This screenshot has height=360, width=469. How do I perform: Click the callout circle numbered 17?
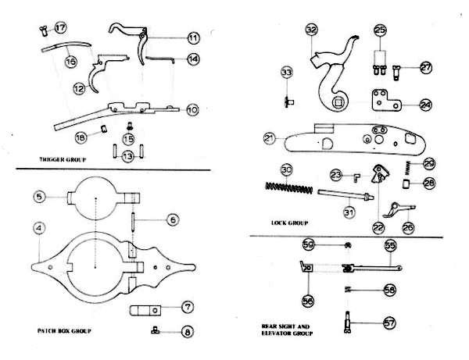pyautogui.click(x=59, y=28)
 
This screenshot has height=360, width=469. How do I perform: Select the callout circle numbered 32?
pyautogui.click(x=311, y=30)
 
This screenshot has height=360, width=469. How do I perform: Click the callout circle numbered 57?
pyautogui.click(x=389, y=321)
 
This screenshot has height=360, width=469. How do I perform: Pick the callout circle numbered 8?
pyautogui.click(x=187, y=331)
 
